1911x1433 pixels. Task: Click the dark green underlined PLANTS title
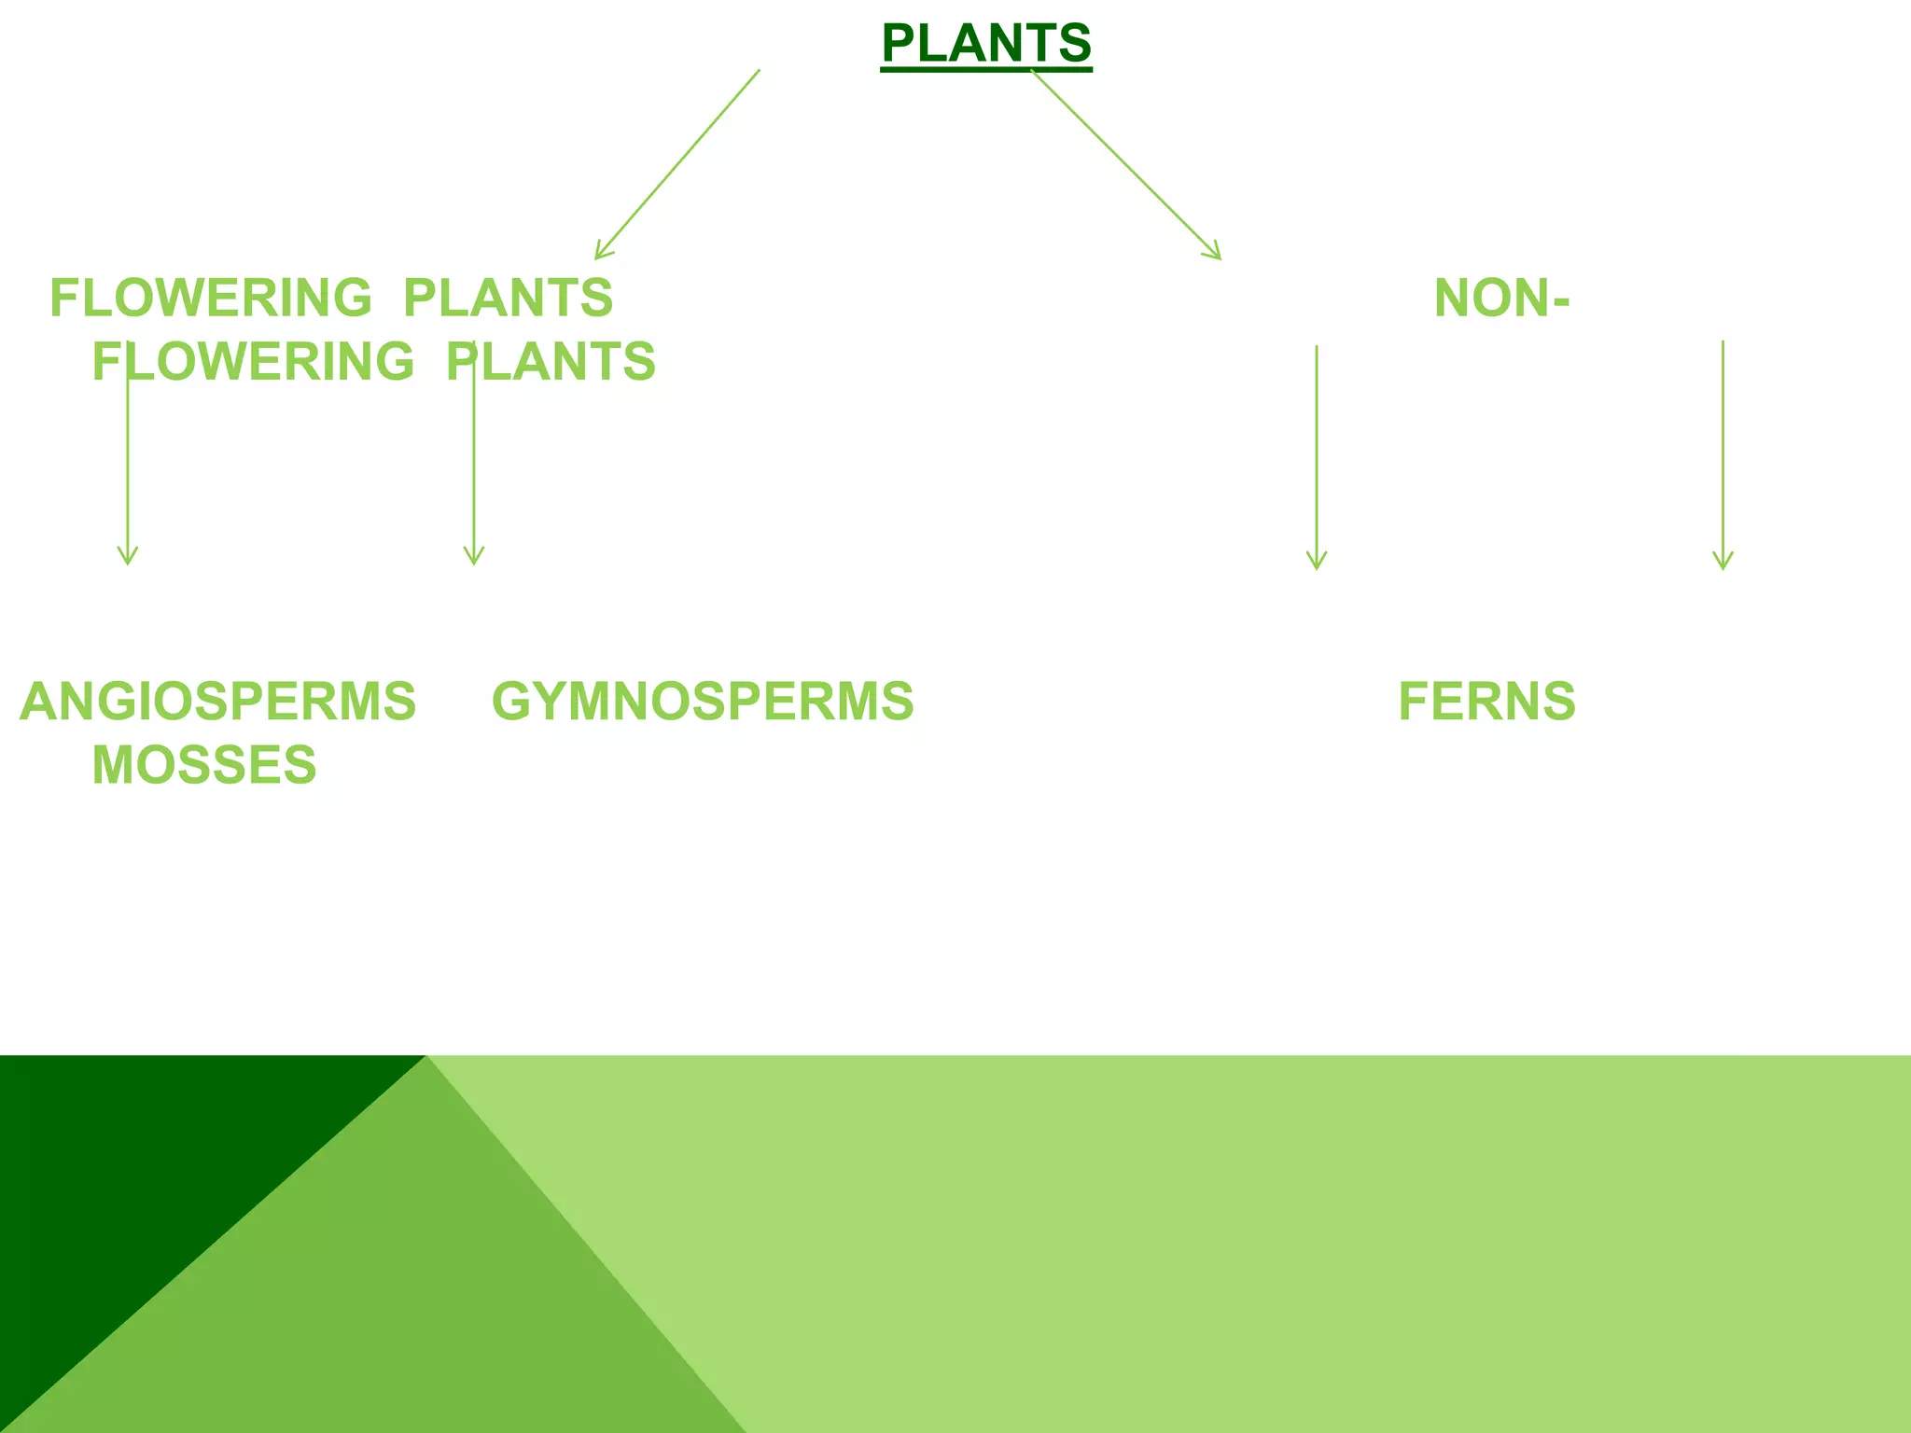coord(986,44)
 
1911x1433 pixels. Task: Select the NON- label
coord(1501,299)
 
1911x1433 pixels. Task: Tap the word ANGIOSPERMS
coord(217,702)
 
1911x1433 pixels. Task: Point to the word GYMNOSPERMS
coord(703,702)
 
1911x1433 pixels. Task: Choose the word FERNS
coord(1486,702)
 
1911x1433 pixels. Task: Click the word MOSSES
coord(204,765)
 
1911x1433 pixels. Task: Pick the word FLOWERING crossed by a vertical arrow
coord(253,362)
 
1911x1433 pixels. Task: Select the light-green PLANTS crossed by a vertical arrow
coord(551,362)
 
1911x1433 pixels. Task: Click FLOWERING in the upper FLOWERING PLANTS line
coord(211,299)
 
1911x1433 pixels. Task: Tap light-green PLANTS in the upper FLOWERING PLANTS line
coord(508,299)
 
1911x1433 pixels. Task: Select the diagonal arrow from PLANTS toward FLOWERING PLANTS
coord(678,163)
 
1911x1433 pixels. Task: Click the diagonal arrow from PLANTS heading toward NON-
coord(1125,163)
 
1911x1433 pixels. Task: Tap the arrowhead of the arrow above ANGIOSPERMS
coord(128,558)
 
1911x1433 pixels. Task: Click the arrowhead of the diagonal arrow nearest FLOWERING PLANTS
coord(601,252)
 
